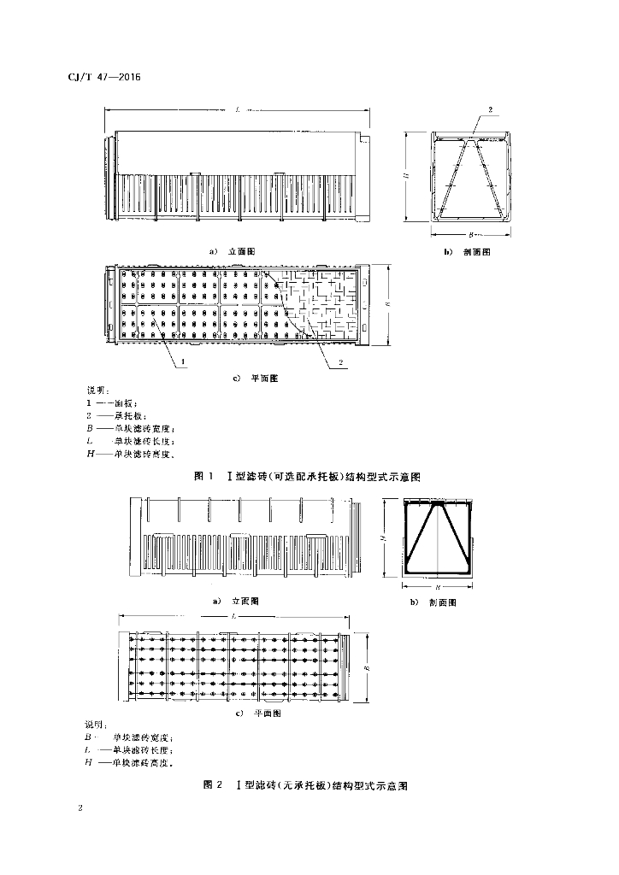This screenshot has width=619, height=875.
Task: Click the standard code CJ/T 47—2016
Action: pyautogui.click(x=103, y=78)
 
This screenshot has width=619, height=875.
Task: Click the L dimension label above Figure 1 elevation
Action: pyautogui.click(x=235, y=109)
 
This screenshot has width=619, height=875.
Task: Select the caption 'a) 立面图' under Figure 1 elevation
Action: pyautogui.click(x=233, y=251)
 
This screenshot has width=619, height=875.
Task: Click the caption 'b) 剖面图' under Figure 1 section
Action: pyautogui.click(x=467, y=252)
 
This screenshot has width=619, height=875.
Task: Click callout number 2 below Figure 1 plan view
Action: pyautogui.click(x=341, y=362)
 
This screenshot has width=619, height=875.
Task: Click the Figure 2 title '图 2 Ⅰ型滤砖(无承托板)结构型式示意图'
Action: pyautogui.click(x=305, y=784)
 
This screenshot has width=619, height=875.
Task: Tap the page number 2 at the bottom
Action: pyautogui.click(x=80, y=807)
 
